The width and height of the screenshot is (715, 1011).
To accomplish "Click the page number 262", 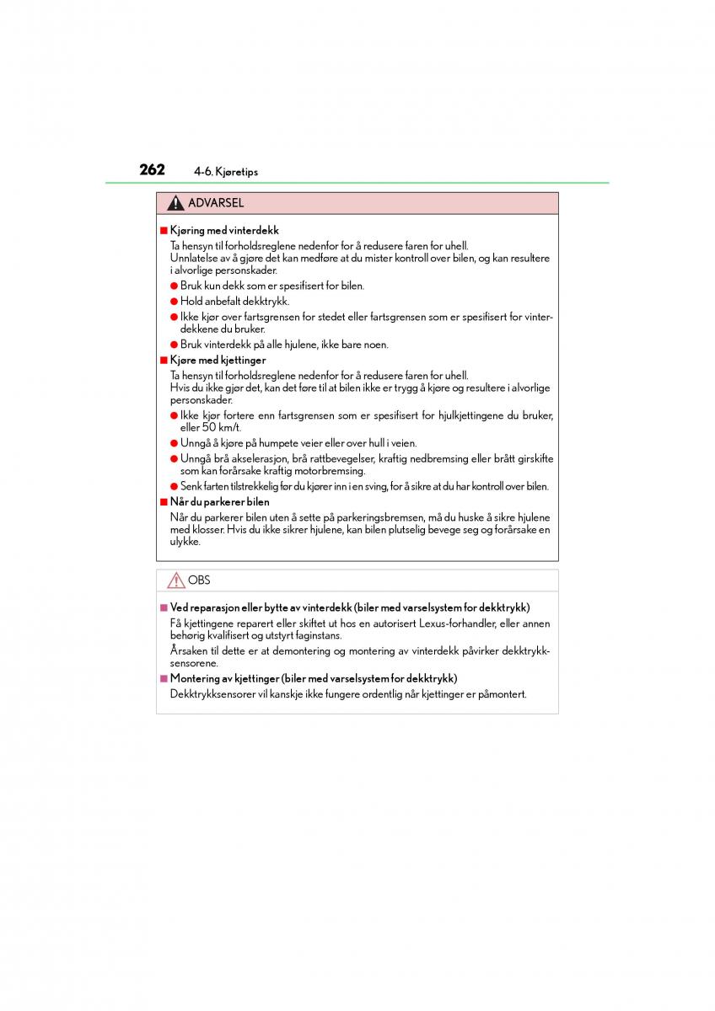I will [152, 169].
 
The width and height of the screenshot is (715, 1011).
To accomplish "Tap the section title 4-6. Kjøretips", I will [225, 172].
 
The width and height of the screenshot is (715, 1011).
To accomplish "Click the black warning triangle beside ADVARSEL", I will [175, 203].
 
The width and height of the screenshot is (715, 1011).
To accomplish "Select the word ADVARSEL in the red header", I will [216, 203].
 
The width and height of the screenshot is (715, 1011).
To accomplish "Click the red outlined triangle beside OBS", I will [175, 580].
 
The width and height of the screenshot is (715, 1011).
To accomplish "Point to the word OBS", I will [199, 580].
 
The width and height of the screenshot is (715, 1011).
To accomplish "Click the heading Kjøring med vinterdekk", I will [224, 230].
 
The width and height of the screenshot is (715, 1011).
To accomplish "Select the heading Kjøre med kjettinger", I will [218, 360].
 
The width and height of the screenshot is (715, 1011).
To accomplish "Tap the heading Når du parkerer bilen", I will [219, 501].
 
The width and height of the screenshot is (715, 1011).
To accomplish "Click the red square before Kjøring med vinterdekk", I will [164, 230].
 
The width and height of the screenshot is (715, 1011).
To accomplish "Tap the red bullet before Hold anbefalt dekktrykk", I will [174, 301].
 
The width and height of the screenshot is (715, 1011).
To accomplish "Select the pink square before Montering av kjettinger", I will [164, 678].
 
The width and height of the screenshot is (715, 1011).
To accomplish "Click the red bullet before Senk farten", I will [174, 486].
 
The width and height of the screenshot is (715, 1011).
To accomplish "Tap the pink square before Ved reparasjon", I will [164, 607].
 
